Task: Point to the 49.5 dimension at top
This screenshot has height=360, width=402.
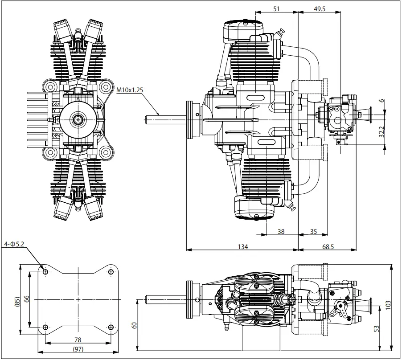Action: point(319,8)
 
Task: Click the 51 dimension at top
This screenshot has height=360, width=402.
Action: point(276,8)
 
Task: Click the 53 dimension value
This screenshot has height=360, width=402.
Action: point(377,329)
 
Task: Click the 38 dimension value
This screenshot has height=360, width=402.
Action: point(281,231)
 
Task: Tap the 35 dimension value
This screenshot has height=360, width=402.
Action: point(313,231)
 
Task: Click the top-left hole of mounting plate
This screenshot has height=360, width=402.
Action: point(45,271)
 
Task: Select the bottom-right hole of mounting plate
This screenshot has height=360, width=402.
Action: point(111,328)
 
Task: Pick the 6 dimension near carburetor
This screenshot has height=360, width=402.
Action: point(382,101)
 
